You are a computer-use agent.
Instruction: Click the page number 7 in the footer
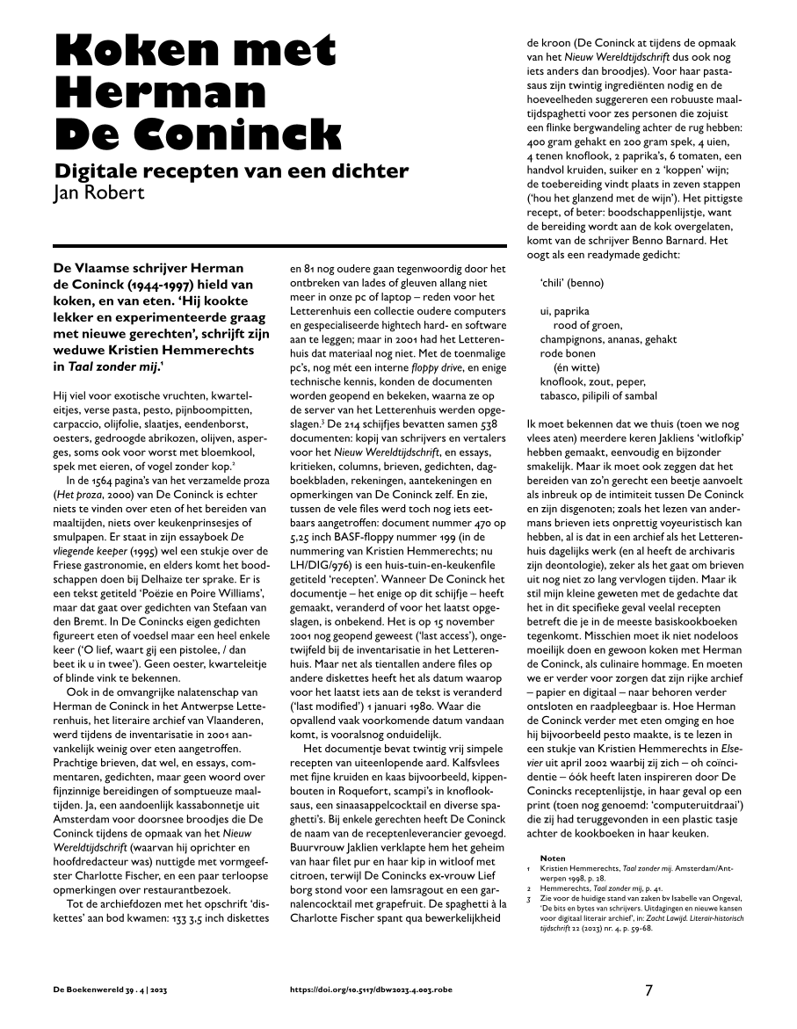tap(648, 990)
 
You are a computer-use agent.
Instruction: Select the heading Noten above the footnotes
tap(553, 858)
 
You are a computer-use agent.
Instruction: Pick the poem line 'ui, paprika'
tap(564, 311)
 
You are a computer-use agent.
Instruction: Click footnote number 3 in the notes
tap(529, 898)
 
